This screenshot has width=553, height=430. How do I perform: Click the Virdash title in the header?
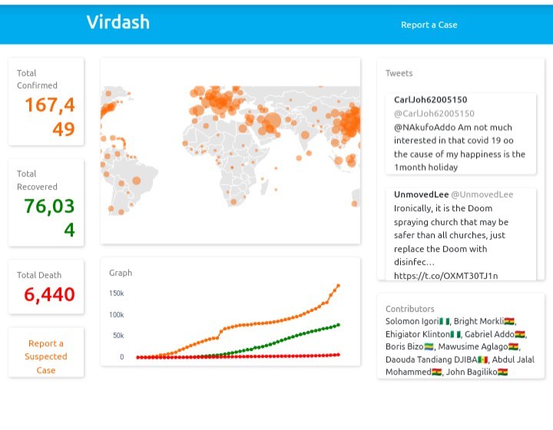118,22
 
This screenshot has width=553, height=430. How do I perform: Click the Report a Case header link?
429,25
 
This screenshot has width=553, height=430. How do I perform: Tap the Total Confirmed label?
37,79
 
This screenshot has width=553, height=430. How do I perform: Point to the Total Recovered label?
37,180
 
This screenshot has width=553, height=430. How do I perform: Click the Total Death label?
39,275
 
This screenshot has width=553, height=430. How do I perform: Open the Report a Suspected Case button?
46,357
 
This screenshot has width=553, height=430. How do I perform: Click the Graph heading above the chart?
121,273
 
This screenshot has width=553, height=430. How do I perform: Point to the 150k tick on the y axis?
117,293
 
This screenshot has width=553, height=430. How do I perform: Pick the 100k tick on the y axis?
117,315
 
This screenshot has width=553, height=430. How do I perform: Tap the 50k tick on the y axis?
118,336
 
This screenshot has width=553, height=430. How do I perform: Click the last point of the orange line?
338,286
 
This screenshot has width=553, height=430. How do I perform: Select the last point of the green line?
338,325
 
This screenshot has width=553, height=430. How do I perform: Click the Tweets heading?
399,74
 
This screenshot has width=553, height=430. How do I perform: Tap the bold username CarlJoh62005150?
430,100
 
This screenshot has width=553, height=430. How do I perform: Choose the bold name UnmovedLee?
420,195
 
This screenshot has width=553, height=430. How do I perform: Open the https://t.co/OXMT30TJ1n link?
445,276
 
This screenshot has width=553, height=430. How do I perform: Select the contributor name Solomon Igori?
412,322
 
